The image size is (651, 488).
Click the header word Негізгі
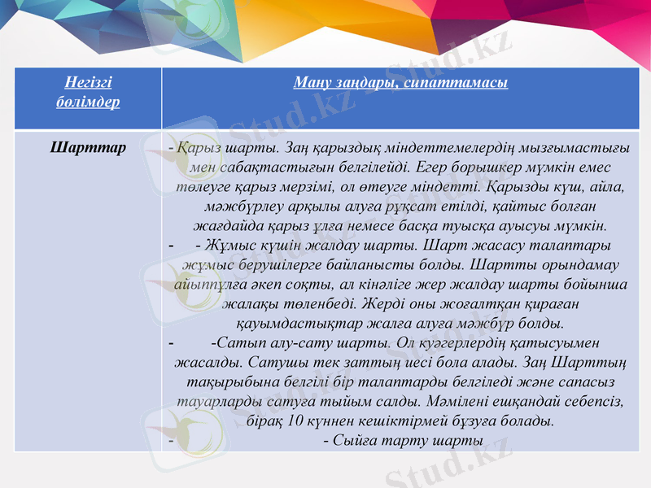point(89,83)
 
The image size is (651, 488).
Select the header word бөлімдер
point(89,102)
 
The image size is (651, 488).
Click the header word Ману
point(310,83)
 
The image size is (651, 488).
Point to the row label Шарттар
point(88,148)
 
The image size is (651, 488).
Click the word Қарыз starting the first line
point(195,149)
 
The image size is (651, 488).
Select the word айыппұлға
point(215,284)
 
